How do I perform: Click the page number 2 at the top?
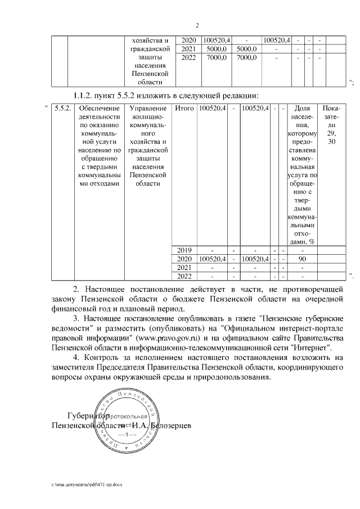197,25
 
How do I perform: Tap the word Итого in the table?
184,108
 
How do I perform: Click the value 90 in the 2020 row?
302,259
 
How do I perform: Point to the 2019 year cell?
184,250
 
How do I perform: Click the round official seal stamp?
127,422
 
